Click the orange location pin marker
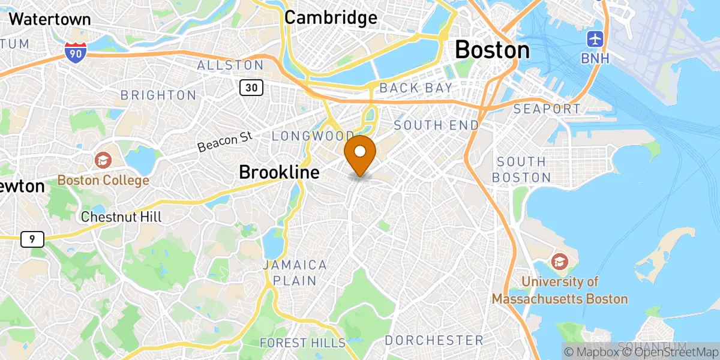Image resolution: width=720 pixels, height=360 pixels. click(360, 154)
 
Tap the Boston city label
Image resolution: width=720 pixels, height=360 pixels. click(492, 50)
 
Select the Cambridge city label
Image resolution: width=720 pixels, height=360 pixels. click(331, 17)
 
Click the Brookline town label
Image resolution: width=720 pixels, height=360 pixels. click(279, 172)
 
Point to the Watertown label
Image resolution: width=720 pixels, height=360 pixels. click(50, 19)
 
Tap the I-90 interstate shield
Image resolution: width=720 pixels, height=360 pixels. click(75, 52)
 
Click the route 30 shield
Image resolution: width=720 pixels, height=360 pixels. click(251, 88)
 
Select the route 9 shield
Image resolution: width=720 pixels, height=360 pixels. click(32, 239)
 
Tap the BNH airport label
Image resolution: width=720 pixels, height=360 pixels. click(595, 58)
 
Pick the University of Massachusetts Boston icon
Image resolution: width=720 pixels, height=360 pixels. click(559, 262)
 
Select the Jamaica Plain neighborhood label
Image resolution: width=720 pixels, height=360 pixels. click(294, 272)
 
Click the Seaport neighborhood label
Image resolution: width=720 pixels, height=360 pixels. click(548, 109)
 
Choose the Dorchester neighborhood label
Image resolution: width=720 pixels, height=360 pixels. click(433, 340)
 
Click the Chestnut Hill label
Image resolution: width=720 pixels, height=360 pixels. click(121, 217)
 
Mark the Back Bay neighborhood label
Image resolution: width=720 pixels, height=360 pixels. click(416, 88)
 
